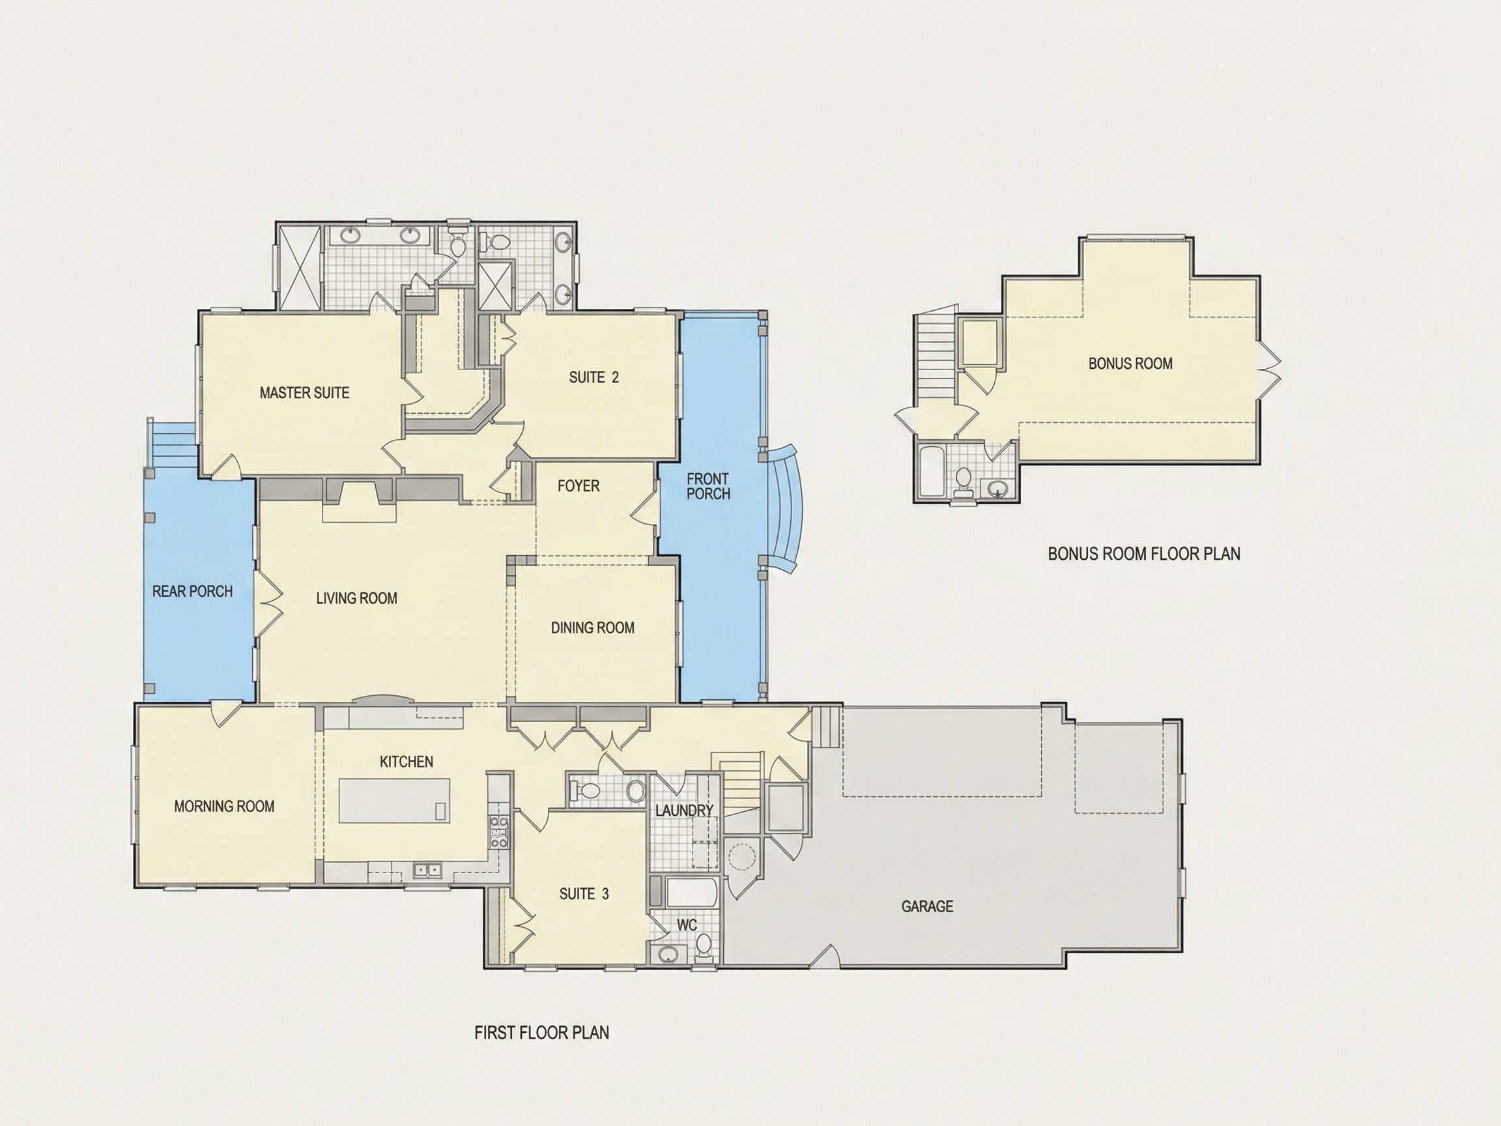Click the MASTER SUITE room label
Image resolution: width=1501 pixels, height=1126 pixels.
(305, 392)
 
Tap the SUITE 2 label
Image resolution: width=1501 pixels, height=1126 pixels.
(593, 377)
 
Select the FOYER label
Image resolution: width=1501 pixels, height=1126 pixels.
(579, 486)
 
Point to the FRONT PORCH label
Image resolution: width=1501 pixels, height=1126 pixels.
(708, 487)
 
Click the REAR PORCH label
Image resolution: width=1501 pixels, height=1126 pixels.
(193, 591)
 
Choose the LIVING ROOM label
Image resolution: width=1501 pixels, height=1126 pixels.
(357, 598)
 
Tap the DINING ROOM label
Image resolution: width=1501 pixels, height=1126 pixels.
(593, 628)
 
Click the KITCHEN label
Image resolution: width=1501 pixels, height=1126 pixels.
(407, 762)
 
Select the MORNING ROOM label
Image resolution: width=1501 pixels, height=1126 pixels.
(225, 806)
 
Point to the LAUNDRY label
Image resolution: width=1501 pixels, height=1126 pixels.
(685, 811)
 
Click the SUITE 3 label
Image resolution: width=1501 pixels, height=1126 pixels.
(584, 894)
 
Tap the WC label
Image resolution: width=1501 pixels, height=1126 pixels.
(687, 925)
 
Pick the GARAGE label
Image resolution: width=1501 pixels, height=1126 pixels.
(928, 906)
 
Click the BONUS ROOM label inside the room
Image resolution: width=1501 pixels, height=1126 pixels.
(1130, 364)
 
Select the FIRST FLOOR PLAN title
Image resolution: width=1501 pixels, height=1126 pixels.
(541, 1032)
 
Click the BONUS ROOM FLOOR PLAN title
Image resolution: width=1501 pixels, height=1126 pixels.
(1144, 554)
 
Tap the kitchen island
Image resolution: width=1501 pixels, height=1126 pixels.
(394, 801)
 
